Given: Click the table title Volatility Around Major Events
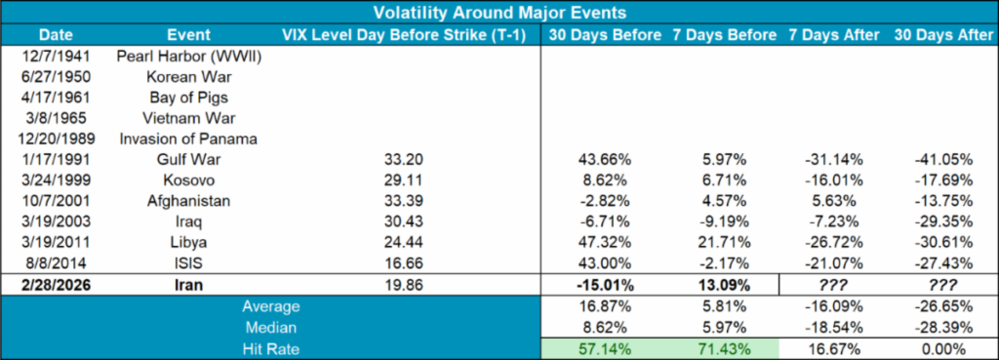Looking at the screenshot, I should pos(499,13).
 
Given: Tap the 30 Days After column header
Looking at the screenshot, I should pos(942,35).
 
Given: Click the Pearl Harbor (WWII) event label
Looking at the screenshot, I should pos(188,56).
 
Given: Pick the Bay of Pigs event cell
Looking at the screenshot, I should pos(188,97).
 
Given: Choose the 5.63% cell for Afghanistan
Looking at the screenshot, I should pos(832,200).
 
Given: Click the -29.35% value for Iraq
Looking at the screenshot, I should pos(942,221).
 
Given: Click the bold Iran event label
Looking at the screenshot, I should pos(188,285).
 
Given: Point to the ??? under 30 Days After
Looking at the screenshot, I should pos(942,285).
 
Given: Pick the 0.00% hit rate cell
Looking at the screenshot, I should pos(942,348).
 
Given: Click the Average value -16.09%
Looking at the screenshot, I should pos(832,306).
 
